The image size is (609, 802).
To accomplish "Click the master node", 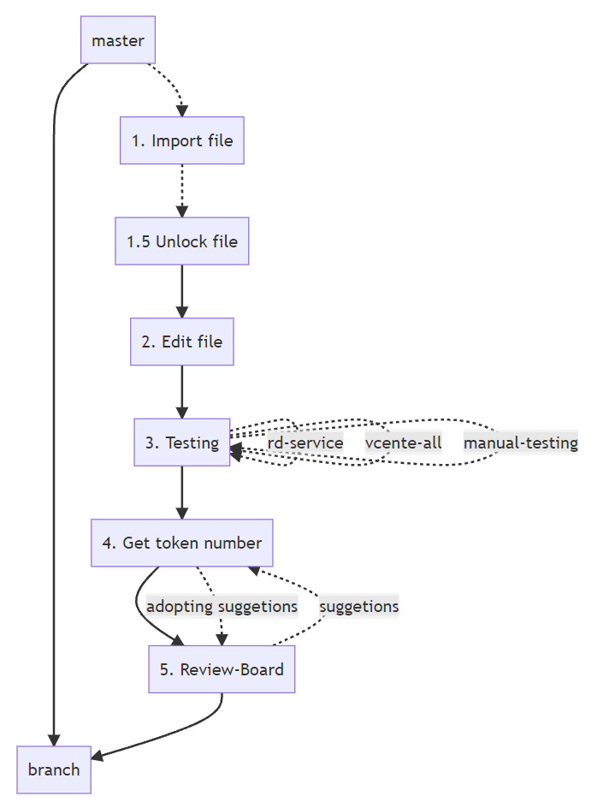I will [x=118, y=40].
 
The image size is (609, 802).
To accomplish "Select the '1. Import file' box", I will [x=181, y=140].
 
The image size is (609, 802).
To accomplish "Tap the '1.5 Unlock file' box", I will [x=181, y=241].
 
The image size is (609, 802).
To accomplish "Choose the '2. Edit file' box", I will [x=181, y=342].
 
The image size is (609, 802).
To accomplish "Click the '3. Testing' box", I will [x=181, y=443].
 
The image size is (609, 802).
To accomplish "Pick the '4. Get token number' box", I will [x=181, y=543].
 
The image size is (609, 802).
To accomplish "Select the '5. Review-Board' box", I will [x=222, y=669].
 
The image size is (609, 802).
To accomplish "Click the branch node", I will [x=53, y=769].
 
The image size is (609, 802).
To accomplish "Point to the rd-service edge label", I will [x=305, y=443].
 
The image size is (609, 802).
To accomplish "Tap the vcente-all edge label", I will [x=403, y=443].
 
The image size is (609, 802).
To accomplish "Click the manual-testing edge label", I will [x=520, y=443].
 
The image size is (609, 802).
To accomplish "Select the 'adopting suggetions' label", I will [x=222, y=606].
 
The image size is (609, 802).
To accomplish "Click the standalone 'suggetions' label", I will [x=358, y=606].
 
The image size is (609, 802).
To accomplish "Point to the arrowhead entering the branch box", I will [x=97, y=756].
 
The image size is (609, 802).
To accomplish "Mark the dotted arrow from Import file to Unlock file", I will [x=181, y=190].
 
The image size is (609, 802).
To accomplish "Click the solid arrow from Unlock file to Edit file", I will [x=181, y=291].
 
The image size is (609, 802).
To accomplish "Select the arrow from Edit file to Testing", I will [x=181, y=391].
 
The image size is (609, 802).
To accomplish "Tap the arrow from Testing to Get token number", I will [x=181, y=492].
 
